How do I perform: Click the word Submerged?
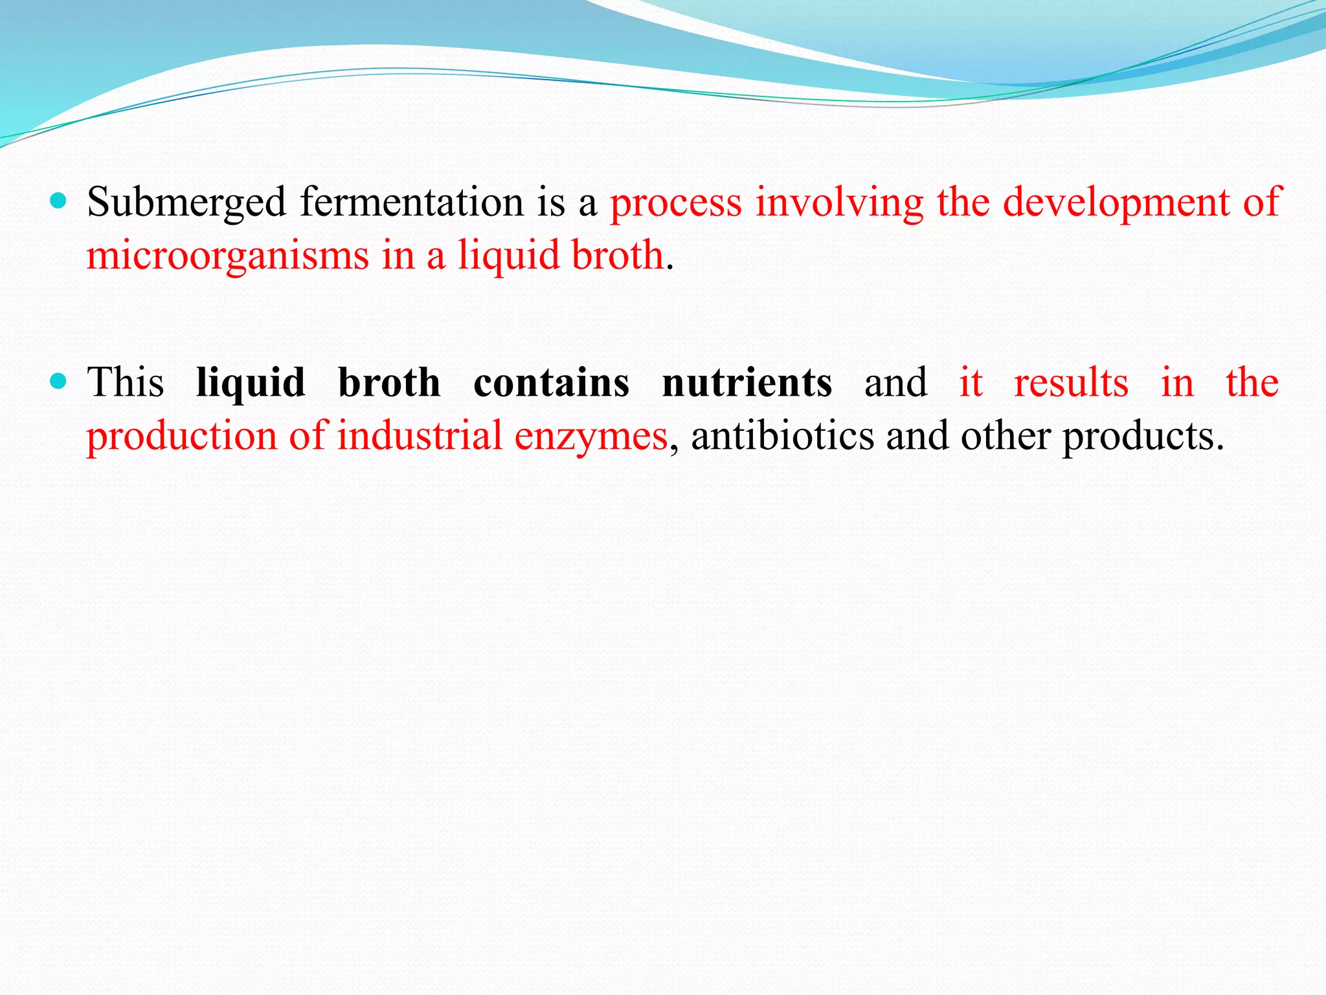tap(186, 203)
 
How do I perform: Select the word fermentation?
tap(411, 201)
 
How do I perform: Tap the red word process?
tap(676, 203)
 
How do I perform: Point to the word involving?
tap(840, 203)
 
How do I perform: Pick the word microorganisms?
tap(227, 256)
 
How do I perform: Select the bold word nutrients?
tap(747, 382)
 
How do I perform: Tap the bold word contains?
tap(551, 382)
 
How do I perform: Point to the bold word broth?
tap(389, 382)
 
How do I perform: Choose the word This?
tap(126, 382)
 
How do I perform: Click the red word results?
tap(1071, 382)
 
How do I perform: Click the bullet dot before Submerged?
tap(58, 201)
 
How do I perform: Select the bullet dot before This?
tap(58, 382)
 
